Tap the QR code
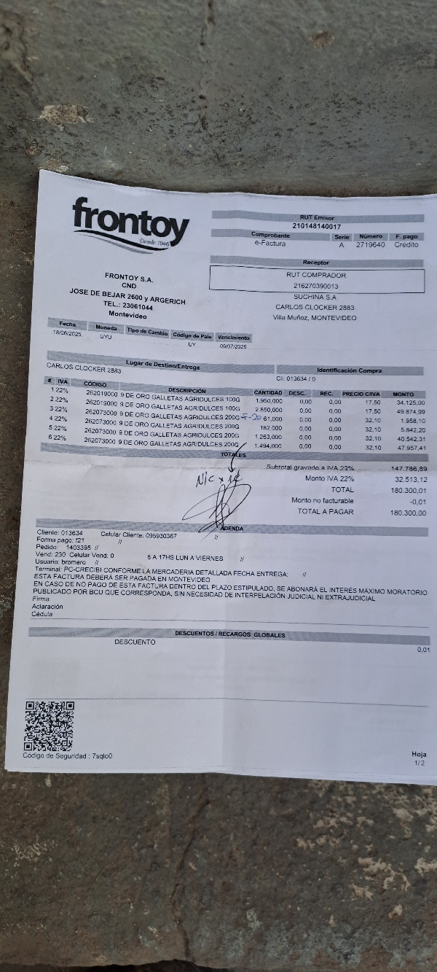click(x=50, y=726)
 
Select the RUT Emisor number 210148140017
click(x=316, y=227)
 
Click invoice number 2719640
click(x=370, y=245)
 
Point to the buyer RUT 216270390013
click(x=316, y=287)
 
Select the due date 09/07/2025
click(x=234, y=346)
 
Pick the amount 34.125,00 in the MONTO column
click(x=411, y=403)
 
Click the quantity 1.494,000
click(x=267, y=446)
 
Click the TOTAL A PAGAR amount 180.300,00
click(x=408, y=513)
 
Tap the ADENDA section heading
click(x=232, y=528)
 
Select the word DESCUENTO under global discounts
click(x=135, y=642)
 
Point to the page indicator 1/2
click(x=419, y=763)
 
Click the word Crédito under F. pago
click(x=406, y=245)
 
